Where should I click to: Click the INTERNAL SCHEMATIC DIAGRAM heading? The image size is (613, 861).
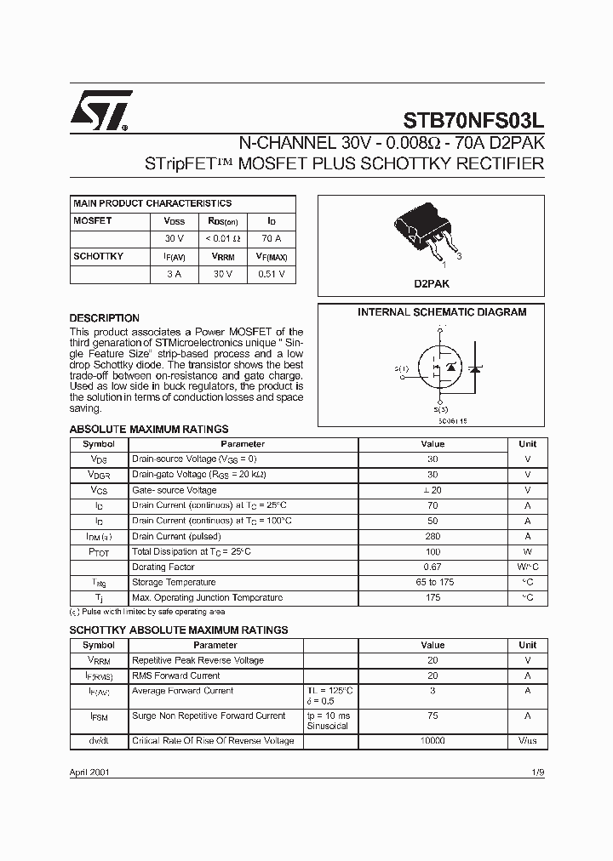point(441,312)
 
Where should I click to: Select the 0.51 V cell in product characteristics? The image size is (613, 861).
point(272,274)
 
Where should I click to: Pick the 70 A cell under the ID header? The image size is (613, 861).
point(272,238)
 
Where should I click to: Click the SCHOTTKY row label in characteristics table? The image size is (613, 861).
point(98,256)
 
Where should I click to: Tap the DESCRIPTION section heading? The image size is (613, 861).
point(104,318)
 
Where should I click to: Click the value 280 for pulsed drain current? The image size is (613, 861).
point(433,537)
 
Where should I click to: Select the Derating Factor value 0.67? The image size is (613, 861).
point(433,567)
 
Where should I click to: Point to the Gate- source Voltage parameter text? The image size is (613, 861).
point(175,490)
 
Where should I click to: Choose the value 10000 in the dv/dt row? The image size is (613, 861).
point(433,741)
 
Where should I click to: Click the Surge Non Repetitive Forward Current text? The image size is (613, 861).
point(209,716)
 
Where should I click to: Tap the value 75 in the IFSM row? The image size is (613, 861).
point(433,716)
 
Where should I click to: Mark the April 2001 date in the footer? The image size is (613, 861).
point(89,772)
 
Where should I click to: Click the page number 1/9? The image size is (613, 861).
point(536,772)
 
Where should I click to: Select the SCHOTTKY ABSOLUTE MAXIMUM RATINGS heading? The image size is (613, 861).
point(178,630)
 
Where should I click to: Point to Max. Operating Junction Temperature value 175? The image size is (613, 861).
point(433,598)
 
